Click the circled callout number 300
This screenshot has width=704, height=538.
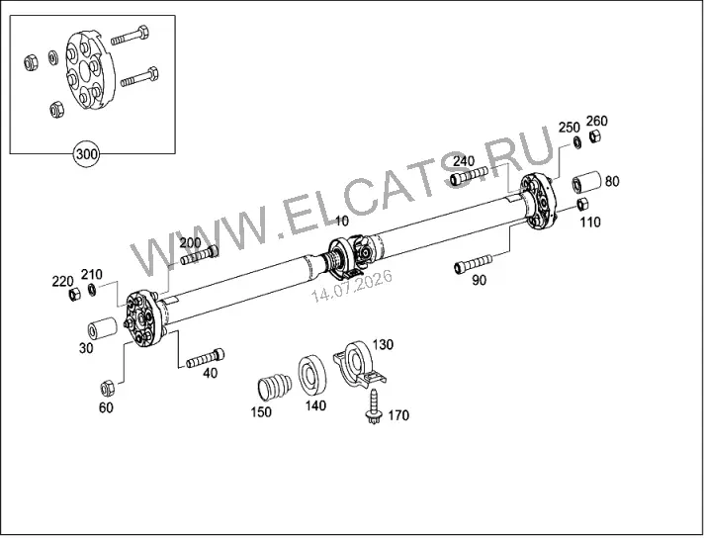click(86, 154)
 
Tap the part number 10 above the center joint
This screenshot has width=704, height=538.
click(341, 221)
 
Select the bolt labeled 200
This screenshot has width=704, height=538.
click(200, 255)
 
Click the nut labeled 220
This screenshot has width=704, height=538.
click(74, 295)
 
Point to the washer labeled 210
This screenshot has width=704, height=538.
click(92, 290)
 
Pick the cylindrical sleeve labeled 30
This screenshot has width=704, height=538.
click(103, 329)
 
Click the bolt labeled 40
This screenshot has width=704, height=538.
click(206, 358)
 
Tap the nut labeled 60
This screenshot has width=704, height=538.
click(108, 388)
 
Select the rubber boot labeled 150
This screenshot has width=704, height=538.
click(274, 386)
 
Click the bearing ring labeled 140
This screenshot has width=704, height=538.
click(312, 375)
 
